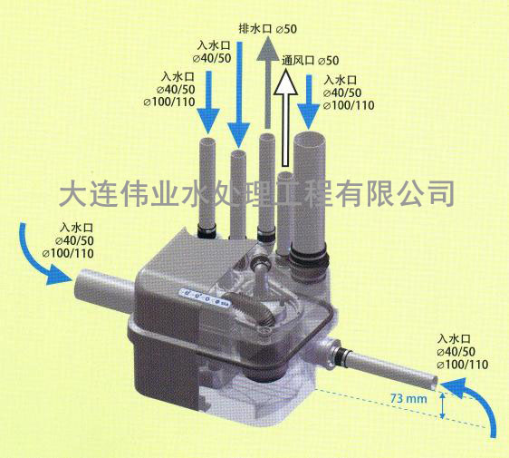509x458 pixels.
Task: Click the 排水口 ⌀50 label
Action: [x=268, y=29]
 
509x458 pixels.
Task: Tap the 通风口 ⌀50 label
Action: [x=310, y=61]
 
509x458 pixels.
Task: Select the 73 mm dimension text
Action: [x=408, y=398]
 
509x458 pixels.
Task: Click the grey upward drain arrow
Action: [x=268, y=83]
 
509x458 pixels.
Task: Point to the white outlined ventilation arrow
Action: [x=285, y=119]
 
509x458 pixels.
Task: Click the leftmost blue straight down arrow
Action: [x=208, y=102]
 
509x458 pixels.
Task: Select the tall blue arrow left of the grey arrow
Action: [x=238, y=94]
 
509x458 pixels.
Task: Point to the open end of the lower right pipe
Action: [x=433, y=383]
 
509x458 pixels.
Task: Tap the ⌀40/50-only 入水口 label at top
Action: [x=212, y=52]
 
